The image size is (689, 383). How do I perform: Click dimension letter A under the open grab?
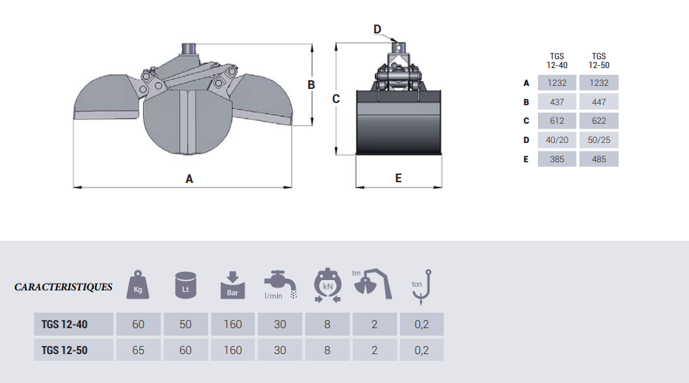[x=189, y=179]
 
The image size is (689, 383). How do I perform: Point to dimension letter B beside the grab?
[x=311, y=84]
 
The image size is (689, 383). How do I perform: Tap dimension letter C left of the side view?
[x=336, y=99]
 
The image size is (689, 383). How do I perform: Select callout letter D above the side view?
[x=377, y=29]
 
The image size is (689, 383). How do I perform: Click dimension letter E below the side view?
[x=398, y=178]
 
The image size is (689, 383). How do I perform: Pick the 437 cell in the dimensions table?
[x=556, y=102]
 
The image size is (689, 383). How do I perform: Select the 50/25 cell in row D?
[x=599, y=140]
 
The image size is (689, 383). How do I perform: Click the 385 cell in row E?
[x=556, y=159]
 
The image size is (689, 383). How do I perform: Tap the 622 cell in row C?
[x=599, y=121]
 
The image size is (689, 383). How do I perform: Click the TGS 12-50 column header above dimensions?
[x=599, y=61]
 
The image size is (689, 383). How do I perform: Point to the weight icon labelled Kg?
[x=138, y=284]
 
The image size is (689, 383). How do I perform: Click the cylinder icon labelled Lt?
[x=185, y=285]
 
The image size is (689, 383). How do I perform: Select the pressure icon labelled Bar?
[x=233, y=285]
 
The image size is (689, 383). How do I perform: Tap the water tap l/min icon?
[x=280, y=284]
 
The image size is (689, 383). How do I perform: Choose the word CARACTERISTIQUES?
[x=63, y=287]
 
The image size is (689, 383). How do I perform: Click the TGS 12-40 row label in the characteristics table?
[x=64, y=324]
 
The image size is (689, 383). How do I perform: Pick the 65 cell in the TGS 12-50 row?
[x=138, y=350]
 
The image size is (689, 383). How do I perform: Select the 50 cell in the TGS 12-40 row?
[x=185, y=324]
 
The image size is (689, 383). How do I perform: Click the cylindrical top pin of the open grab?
[x=190, y=49]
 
